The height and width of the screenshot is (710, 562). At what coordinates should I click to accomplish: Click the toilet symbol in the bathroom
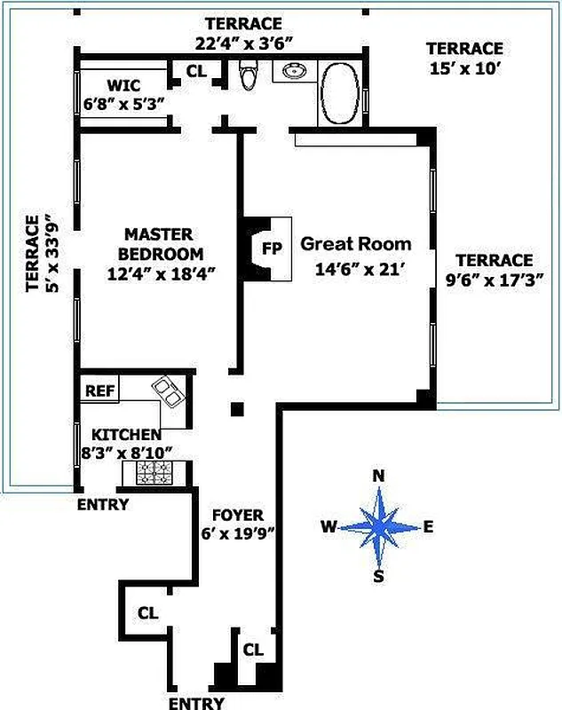(249, 77)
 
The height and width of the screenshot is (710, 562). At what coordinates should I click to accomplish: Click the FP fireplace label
(272, 248)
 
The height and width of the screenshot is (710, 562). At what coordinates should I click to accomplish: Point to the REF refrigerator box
(96, 390)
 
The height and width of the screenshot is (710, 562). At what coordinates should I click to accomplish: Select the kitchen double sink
(167, 390)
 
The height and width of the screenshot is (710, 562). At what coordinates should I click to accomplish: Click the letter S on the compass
(378, 576)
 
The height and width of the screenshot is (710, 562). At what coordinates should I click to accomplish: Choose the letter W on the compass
(328, 527)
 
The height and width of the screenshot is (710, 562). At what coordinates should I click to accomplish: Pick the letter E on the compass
(428, 526)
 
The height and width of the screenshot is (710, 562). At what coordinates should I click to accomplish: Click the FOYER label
(236, 516)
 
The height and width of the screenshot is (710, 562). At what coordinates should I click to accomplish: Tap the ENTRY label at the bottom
(196, 703)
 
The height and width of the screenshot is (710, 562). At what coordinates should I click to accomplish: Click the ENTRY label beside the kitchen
(103, 505)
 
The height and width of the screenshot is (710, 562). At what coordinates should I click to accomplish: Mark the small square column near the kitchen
(237, 409)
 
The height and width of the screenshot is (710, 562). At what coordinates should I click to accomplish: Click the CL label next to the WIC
(196, 71)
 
